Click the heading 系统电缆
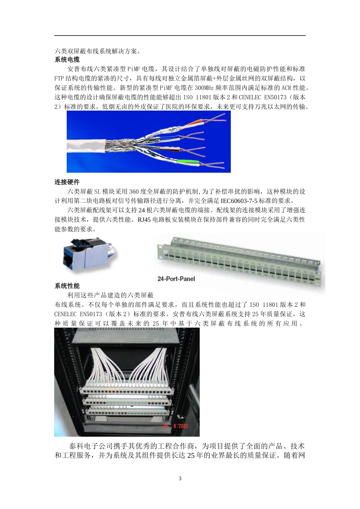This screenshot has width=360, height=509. pos(67,60)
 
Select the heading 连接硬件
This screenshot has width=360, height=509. pos(67,182)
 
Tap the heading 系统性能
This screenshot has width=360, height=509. pos(67,286)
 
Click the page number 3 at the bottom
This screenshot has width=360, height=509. pos(180,478)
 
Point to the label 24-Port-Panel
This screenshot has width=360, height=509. pos(176,279)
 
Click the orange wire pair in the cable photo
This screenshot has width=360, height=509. pos(196,122)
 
